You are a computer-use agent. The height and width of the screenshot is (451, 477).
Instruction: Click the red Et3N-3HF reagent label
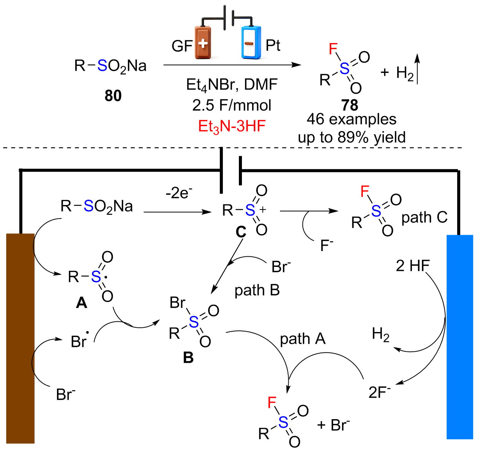click(x=232, y=127)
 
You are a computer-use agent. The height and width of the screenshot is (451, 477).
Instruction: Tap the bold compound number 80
click(x=113, y=95)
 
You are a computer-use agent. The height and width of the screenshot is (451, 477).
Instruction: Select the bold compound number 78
click(x=350, y=105)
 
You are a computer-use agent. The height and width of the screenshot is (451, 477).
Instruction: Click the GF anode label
click(x=182, y=46)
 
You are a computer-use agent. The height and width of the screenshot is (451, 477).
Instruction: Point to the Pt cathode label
click(x=273, y=45)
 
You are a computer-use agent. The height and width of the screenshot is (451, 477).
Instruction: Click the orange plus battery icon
click(x=203, y=43)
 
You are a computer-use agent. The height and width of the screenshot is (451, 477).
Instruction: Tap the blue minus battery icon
click(x=251, y=43)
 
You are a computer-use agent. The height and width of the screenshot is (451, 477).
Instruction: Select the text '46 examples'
click(x=351, y=119)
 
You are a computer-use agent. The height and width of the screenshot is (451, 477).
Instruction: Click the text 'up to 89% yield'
click(x=352, y=137)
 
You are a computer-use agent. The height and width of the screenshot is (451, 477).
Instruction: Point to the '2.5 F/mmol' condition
click(x=232, y=105)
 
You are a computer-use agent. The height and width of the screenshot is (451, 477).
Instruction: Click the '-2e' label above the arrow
click(x=179, y=193)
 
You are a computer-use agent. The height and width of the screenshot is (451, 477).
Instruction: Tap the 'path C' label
click(x=425, y=218)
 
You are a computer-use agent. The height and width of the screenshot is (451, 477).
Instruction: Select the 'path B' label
click(x=257, y=291)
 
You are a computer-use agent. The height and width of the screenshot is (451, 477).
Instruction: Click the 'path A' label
click(x=303, y=339)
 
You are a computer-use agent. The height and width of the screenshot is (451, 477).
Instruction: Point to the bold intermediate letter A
click(x=81, y=303)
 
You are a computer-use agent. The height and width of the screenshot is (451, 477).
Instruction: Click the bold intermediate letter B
click(x=188, y=357)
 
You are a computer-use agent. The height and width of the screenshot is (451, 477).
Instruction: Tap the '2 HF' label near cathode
click(x=413, y=266)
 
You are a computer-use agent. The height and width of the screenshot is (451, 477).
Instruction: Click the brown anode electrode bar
click(x=21, y=338)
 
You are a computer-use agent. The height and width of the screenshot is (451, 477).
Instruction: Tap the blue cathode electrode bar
click(x=460, y=337)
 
